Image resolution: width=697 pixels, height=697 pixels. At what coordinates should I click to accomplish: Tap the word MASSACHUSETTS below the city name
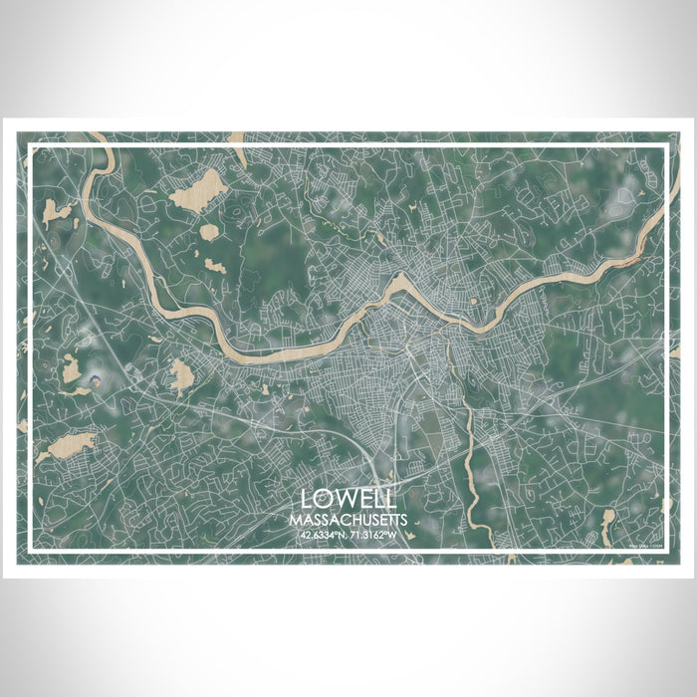(348, 520)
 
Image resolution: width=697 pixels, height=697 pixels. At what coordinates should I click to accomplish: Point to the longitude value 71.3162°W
(375, 535)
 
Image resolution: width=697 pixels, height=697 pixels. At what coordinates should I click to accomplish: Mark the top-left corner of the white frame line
(31, 147)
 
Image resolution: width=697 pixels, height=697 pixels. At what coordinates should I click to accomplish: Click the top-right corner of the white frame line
(665, 147)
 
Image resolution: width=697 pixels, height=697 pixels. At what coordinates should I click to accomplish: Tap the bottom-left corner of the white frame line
(31, 551)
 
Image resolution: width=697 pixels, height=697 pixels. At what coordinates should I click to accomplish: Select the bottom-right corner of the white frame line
(665, 551)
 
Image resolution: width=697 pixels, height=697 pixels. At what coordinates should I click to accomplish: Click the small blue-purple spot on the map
(97, 379)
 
